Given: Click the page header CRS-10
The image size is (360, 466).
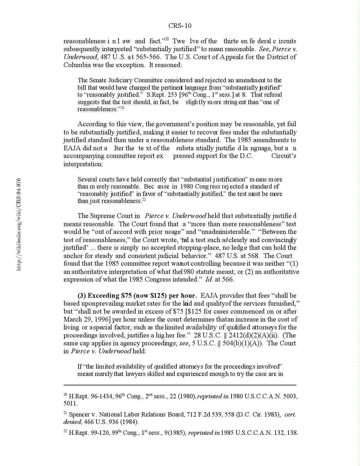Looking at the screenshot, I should pos(180,26).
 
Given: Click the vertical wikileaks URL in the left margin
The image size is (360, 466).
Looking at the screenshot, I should pos(19,224).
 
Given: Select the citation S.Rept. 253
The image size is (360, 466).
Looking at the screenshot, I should pos(162,95).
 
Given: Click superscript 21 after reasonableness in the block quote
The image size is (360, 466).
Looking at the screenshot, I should pos(123,108).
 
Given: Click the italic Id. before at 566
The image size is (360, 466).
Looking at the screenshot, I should pos(209,279).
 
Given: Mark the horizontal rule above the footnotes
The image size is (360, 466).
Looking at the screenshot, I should pos(180,385).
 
